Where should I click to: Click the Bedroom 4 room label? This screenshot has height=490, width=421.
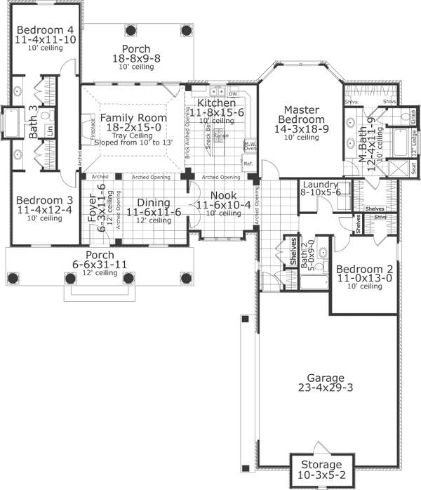45,30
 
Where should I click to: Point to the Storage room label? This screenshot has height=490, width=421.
321,465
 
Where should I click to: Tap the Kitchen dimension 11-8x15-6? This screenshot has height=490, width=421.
216,112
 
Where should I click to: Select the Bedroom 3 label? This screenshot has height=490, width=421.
45,199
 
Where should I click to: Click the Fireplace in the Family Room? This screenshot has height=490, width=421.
91,129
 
